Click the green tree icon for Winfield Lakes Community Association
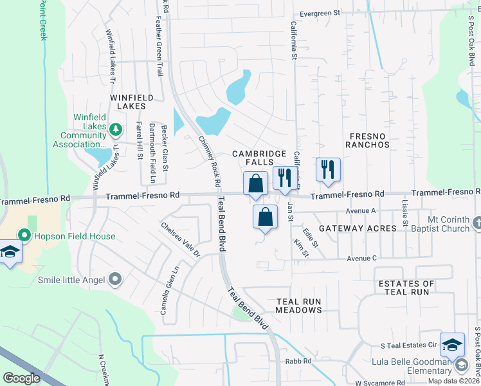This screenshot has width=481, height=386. (x=115, y=130)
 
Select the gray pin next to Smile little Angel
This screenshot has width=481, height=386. (x=115, y=279)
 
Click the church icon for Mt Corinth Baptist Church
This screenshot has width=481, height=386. (x=476, y=223)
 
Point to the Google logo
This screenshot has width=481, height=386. (x=22, y=378)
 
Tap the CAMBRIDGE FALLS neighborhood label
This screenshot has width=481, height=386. (x=259, y=158)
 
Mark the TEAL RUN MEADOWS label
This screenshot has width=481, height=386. (x=299, y=306)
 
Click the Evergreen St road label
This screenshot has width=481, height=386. (x=320, y=13)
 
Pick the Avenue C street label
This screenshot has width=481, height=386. (x=361, y=258)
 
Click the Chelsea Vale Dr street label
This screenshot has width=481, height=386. (x=181, y=240)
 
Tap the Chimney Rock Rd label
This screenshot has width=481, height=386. (x=210, y=161)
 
